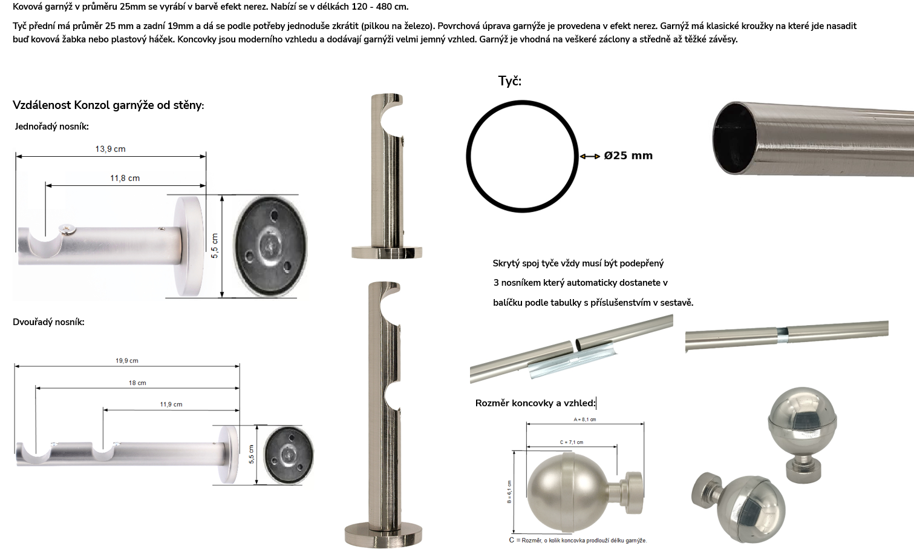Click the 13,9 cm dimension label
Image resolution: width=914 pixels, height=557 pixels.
pos(110,149)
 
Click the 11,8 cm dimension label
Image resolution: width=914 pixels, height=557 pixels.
pos(125,178)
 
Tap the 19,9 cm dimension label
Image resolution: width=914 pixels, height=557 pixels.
pos(127,361)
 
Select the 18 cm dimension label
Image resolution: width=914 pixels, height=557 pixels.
pos(137,383)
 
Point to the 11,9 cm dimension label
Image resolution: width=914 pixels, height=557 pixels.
pos(171,404)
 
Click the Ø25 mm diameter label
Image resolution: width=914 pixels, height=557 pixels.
pos(628,156)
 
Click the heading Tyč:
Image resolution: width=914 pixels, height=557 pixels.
pos(510,81)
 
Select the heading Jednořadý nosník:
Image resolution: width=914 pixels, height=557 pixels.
pos(52,127)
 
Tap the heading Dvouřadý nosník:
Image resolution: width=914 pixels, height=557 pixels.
pos(48,322)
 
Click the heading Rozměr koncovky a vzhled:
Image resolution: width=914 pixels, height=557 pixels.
pos(535,403)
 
